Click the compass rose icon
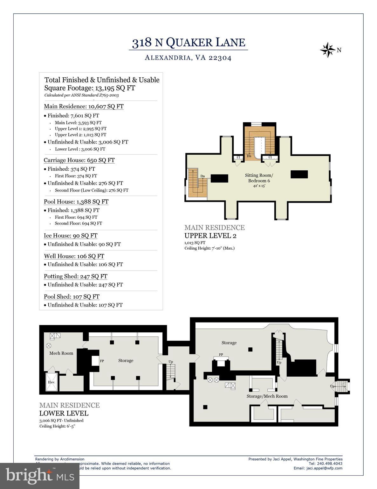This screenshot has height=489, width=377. (327, 50)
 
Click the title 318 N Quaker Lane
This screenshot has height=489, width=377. (188, 43)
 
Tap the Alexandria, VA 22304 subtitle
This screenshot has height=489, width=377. (188, 58)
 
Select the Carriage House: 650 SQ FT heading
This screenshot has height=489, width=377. (79, 160)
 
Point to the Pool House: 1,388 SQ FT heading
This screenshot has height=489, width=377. (76, 202)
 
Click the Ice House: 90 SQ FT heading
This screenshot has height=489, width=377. (71, 236)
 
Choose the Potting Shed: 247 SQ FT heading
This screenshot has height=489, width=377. (76, 276)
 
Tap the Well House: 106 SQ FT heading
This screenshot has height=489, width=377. (74, 256)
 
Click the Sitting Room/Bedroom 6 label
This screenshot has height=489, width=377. (259, 178)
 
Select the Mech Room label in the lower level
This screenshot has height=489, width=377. (61, 353)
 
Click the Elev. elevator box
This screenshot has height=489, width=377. (51, 382)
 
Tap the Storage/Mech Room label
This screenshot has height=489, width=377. (267, 396)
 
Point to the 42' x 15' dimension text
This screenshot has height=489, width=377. (259, 186)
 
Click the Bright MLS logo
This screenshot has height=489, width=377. (40, 476)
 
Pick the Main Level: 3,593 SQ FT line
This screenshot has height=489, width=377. (78, 123)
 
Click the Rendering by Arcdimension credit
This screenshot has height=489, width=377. (59, 459)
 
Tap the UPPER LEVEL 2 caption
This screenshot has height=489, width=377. (210, 236)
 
